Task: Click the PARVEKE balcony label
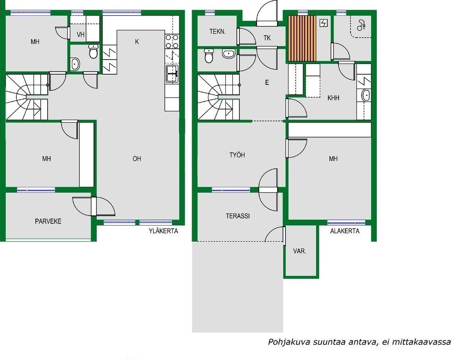[48, 221]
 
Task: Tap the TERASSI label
[238, 216]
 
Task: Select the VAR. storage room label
[300, 251]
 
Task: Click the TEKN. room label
[218, 31]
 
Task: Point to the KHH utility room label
[333, 98]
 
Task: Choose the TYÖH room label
[237, 155]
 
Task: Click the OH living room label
[137, 159]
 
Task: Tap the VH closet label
[80, 34]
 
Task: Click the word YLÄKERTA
[163, 231]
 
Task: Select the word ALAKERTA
[345, 231]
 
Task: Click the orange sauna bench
[302, 39]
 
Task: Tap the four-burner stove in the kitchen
[172, 41]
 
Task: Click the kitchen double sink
[172, 74]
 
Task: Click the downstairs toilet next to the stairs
[209, 56]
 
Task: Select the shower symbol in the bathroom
[361, 25]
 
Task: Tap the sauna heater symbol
[324, 23]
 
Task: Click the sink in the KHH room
[366, 95]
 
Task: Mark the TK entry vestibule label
[267, 38]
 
